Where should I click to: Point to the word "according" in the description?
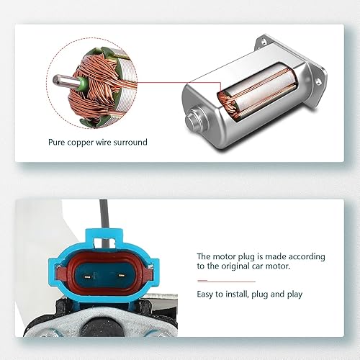click(x=305, y=256)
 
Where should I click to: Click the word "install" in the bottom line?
click(x=239, y=294)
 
